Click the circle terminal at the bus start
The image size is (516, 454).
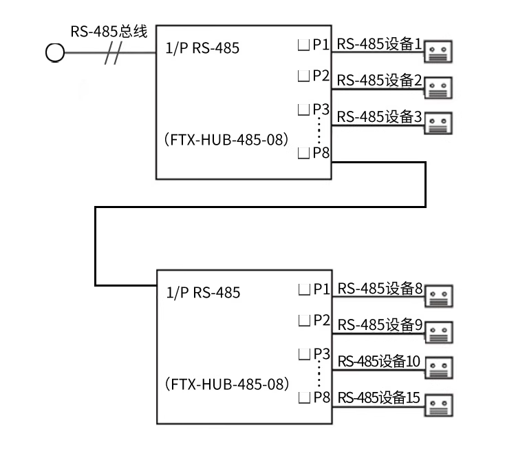pos(54,52)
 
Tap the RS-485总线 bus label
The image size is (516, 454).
pos(109,32)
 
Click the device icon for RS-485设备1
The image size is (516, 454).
pos(438,51)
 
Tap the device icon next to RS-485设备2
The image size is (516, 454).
pos(438,87)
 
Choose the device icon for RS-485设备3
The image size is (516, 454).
pos(438,123)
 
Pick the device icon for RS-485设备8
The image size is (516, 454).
pos(438,296)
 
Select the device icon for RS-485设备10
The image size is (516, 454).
pos(438,368)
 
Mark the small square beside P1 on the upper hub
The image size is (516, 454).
pos(302,46)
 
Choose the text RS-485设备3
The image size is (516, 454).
pos(380,116)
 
